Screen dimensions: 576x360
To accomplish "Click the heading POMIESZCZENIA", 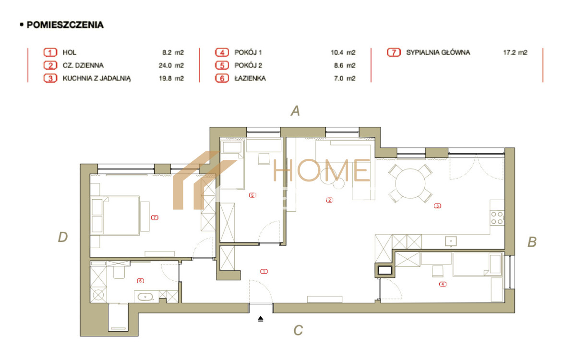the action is (65, 25).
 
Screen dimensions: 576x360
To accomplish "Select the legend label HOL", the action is (70, 52).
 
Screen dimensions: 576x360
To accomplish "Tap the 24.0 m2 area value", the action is (171, 65).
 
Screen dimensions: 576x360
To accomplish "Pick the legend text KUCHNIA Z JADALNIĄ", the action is (96, 78).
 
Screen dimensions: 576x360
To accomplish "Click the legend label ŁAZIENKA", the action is (250, 78).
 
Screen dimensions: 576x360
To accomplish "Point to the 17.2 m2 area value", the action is (515, 52).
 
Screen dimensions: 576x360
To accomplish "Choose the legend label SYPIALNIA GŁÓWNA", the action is (438, 52).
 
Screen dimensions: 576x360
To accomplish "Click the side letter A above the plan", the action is (296, 111).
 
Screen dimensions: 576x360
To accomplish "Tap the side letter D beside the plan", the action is (63, 237).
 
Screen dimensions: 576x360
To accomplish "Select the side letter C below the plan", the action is (298, 330).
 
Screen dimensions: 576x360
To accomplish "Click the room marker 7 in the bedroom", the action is (155, 217).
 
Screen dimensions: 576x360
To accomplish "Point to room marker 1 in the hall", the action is (264, 271).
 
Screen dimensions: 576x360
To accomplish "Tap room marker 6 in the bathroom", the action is (140, 281).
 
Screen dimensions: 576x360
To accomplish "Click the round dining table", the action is (410, 183).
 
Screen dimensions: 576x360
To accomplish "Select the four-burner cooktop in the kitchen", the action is (497, 218).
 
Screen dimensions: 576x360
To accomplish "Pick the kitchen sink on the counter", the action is (451, 241).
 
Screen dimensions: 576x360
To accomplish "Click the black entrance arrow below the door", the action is (261, 319).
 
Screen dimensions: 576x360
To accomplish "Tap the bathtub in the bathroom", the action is (145, 297).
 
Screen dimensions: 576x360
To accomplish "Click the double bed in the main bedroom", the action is (115, 216).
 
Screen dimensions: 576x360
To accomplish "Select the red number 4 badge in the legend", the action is (222, 52).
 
